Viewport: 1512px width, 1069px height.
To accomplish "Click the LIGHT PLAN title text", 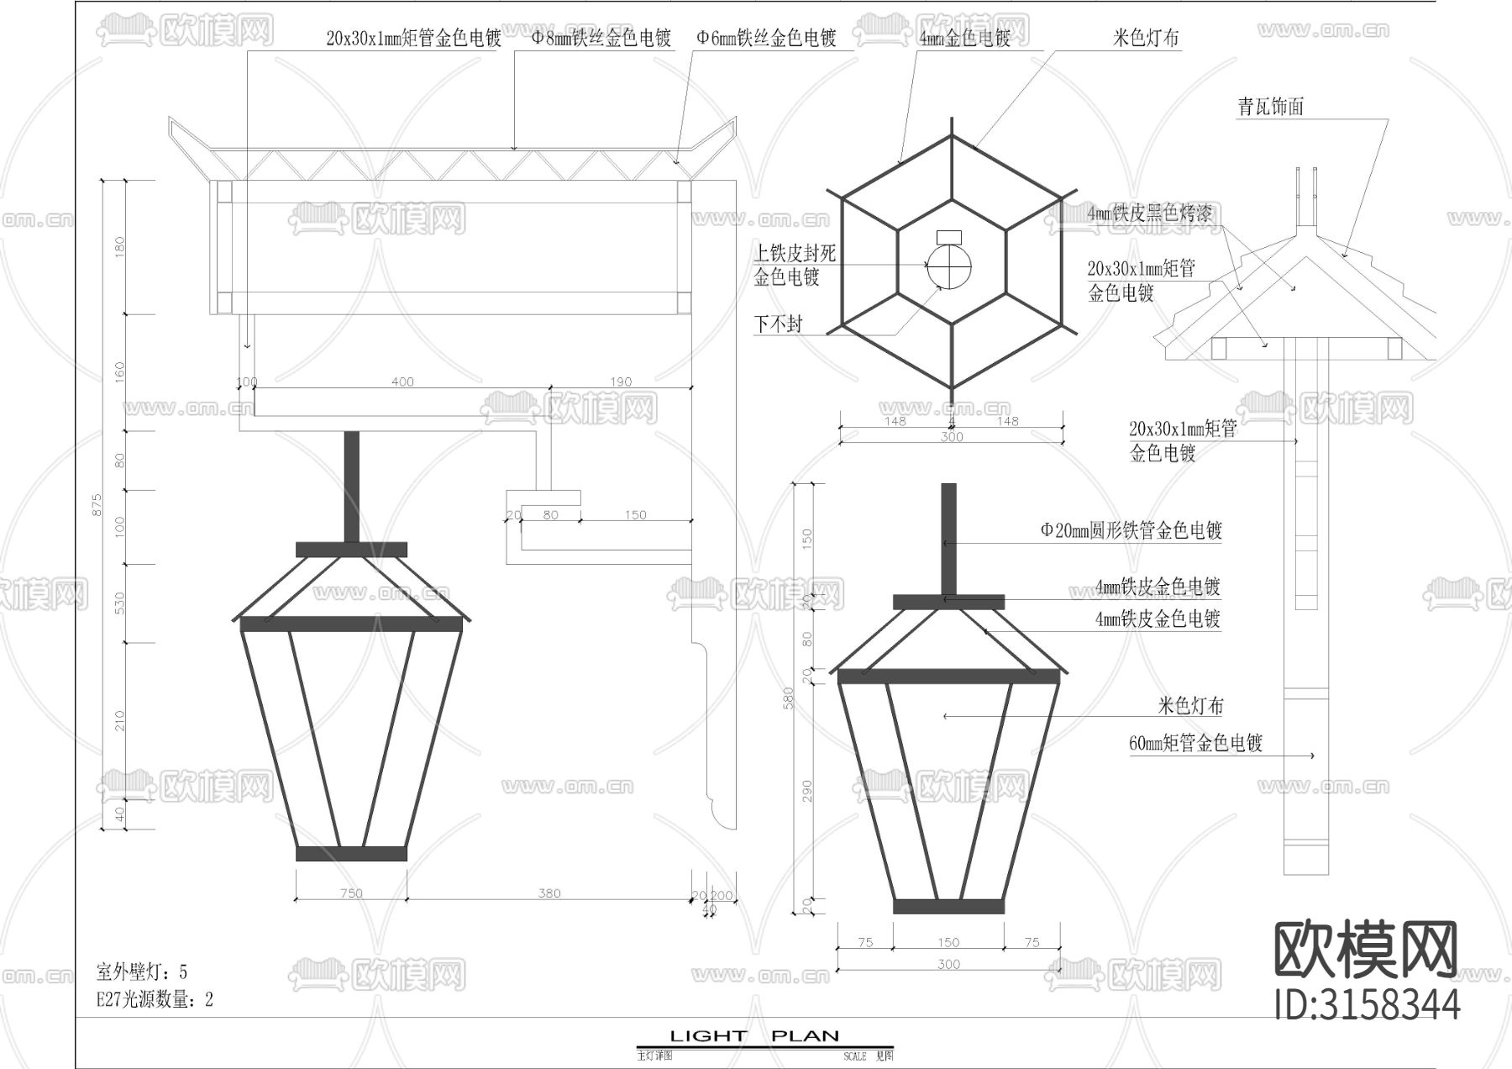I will click(754, 1036).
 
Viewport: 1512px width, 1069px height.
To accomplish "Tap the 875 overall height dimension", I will click(97, 504).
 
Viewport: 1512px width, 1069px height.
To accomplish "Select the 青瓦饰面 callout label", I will click(1270, 107).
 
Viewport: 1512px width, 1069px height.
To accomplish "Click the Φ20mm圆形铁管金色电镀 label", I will click(1131, 530).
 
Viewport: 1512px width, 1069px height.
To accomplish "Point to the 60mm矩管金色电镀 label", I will click(1195, 743).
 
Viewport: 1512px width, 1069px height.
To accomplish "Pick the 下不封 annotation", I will click(778, 324).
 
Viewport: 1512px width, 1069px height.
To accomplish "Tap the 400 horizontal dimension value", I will click(402, 382).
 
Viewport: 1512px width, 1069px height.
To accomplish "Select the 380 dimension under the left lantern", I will click(549, 893).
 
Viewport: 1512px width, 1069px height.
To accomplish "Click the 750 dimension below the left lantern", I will click(351, 893).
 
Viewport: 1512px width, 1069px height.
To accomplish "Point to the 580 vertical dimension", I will click(788, 698).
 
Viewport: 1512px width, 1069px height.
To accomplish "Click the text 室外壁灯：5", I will click(142, 972).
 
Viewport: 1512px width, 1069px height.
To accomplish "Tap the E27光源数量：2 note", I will click(155, 999).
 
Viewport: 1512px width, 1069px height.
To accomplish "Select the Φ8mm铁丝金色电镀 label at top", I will click(601, 38).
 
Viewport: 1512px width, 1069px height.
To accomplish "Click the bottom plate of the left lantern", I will click(351, 854).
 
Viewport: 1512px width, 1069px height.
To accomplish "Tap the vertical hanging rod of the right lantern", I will click(948, 538).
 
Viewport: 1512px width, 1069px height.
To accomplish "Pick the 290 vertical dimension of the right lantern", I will click(807, 790).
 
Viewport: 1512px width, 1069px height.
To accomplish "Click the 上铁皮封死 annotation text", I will click(794, 253).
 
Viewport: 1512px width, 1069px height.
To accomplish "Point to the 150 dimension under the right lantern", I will click(948, 942).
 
